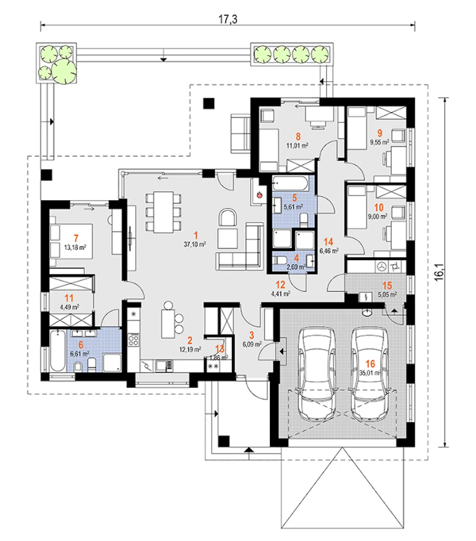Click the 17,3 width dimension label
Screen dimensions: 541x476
[228, 19]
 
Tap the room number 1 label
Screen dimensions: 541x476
[196, 235]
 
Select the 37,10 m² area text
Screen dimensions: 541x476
[194, 244]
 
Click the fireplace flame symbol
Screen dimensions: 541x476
[260, 194]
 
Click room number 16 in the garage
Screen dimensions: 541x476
[370, 364]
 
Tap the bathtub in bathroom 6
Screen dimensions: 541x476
[57, 350]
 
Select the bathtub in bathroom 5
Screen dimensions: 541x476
[290, 183]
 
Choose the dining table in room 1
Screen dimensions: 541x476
[164, 211]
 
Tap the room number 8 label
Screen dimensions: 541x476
[298, 137]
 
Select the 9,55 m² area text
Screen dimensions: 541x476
[379, 142]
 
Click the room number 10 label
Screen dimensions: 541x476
[379, 208]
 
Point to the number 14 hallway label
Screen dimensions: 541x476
[328, 242]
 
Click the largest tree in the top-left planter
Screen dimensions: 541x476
[64, 71]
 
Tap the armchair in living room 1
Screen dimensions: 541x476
[228, 218]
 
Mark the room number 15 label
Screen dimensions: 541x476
[387, 285]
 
